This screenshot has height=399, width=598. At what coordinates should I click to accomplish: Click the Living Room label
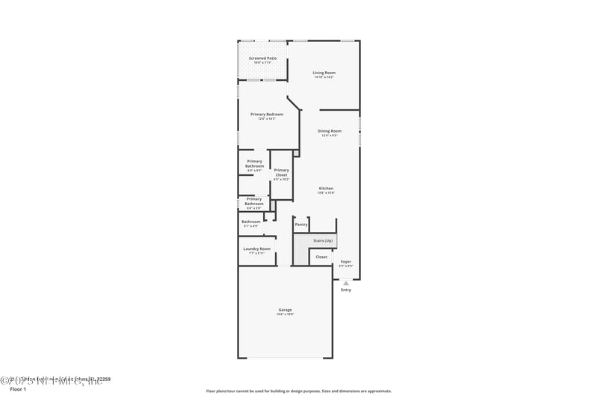[x=324, y=73]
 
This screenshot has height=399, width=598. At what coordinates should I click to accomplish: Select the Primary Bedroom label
[x=267, y=114]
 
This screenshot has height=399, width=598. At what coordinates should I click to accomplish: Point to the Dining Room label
[x=330, y=131]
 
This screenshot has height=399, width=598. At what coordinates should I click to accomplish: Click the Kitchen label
[x=326, y=188]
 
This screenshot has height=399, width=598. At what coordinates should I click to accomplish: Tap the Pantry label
[x=301, y=225]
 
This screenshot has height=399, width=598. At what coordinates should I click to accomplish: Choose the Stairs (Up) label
[x=323, y=240]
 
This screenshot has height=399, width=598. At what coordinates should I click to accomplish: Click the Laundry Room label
[x=256, y=249]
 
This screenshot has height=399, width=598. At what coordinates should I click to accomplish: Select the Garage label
[x=285, y=309]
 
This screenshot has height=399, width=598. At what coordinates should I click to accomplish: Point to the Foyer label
[x=345, y=261]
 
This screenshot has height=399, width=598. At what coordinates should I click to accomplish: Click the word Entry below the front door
[x=345, y=290]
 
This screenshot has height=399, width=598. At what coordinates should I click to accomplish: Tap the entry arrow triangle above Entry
[x=345, y=283]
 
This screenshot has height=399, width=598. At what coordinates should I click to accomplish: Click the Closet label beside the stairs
[x=321, y=257]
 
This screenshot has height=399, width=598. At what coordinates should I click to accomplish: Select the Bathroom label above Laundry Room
[x=251, y=222]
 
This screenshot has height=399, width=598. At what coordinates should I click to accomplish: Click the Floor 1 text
[x=17, y=389]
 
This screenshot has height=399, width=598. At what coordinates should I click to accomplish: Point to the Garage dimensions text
[x=285, y=314]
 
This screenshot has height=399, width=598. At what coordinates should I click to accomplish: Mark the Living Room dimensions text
[x=324, y=77]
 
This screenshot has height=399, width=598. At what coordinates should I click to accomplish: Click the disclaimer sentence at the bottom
[x=298, y=391]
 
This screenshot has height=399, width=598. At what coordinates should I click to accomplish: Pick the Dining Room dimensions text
[x=330, y=135]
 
